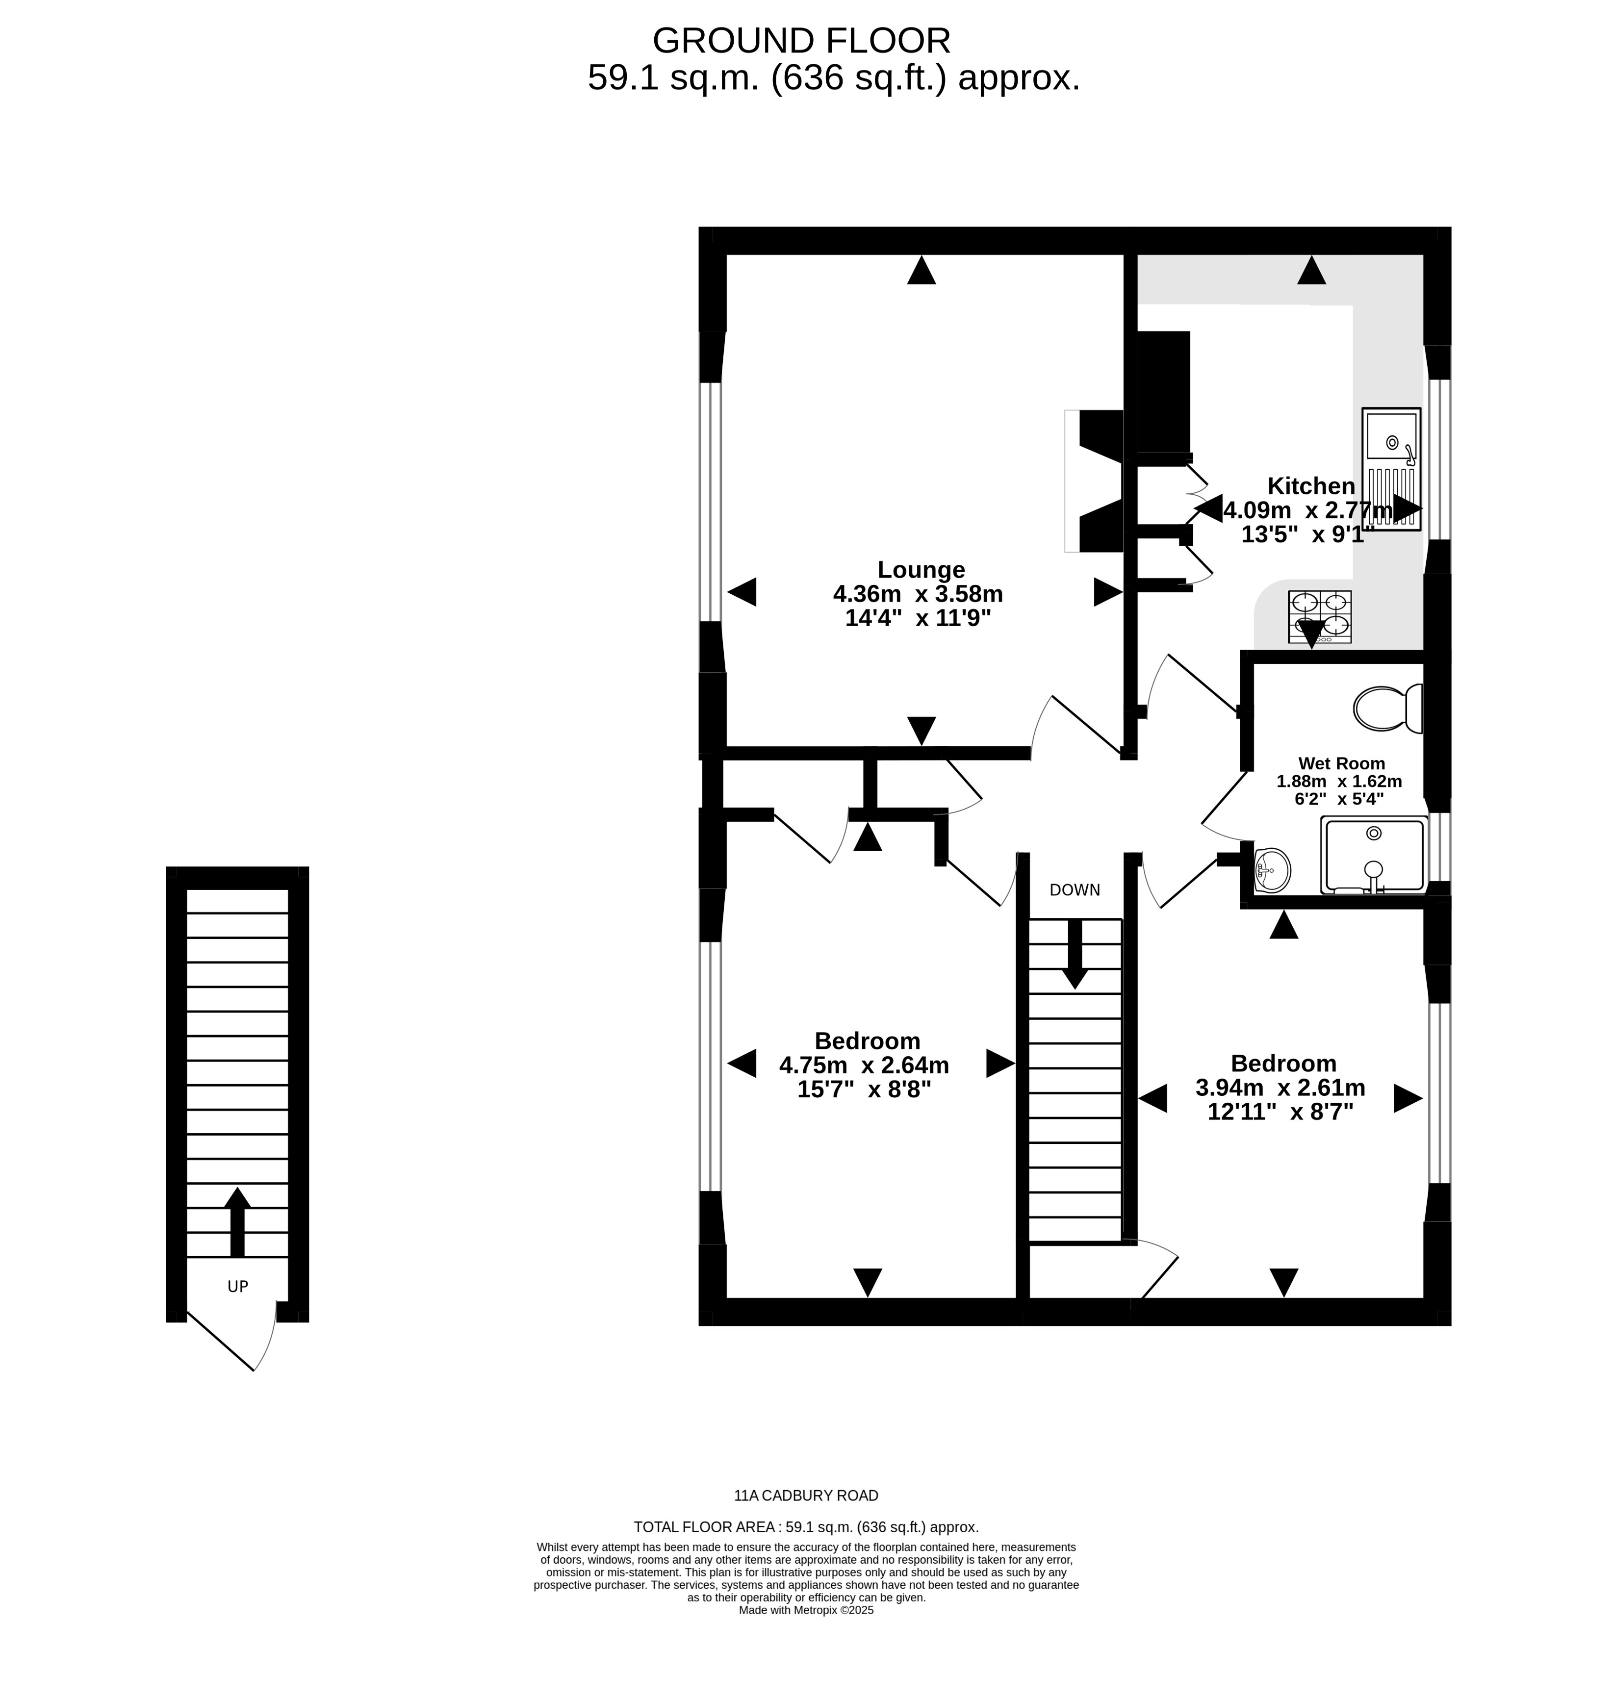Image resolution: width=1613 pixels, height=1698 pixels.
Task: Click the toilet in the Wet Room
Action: tap(1388, 709)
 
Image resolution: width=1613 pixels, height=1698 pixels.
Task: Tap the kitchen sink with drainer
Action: tap(1391, 469)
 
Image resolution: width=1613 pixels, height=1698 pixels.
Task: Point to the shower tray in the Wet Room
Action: tap(1374, 856)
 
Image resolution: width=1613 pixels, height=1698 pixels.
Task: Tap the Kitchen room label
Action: tap(1311, 486)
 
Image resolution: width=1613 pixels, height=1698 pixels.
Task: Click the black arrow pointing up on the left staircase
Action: tap(237, 1222)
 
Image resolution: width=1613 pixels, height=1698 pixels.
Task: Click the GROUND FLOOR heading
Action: tap(801, 40)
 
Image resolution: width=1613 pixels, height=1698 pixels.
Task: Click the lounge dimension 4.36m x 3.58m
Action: tap(918, 594)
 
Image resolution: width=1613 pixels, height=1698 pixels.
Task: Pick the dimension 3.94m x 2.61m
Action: tap(1280, 1088)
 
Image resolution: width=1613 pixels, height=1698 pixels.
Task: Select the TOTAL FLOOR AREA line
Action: tap(806, 1528)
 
